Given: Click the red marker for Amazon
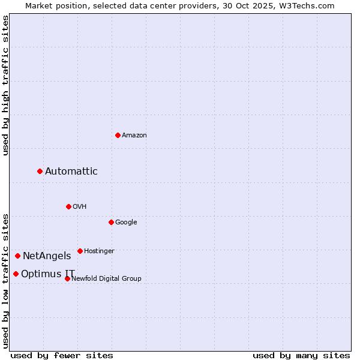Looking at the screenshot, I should coord(118,135).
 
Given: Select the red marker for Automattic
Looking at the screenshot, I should coord(40,172).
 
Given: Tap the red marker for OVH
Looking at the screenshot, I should coord(68,206).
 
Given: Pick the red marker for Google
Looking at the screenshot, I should coord(111,222).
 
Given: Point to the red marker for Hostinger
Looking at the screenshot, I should coord(80,251).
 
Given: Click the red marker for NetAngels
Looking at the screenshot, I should coord(17,256).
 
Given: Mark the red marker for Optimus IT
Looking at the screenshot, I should coord(16,274).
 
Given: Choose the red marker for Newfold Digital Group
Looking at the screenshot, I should coord(67,278).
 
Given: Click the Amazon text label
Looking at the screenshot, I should coord(134,135).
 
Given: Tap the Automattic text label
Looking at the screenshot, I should coord(71,172).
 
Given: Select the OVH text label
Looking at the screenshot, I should coord(80,206).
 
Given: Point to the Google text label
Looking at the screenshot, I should coord(126,222).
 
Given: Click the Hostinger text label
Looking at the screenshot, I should coord(99,251).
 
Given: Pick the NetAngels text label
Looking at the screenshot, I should coord(47,256).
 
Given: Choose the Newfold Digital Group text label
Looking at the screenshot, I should coord(106,278).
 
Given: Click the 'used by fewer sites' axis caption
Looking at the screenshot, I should coord(62,355).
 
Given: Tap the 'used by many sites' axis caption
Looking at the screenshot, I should coord(301,355).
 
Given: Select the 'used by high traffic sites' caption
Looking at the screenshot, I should coord(5,85).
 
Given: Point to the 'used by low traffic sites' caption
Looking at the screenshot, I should coord(5,281).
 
